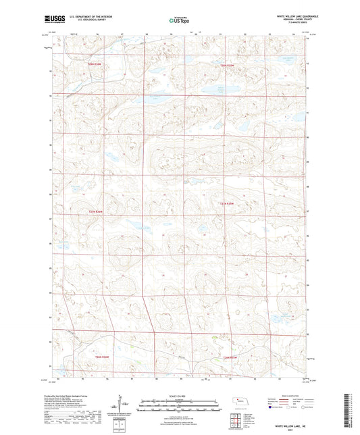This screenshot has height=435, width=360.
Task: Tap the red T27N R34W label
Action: pyautogui.click(x=97, y=210)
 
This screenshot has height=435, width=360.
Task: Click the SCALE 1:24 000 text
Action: pyautogui.click(x=179, y=395)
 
